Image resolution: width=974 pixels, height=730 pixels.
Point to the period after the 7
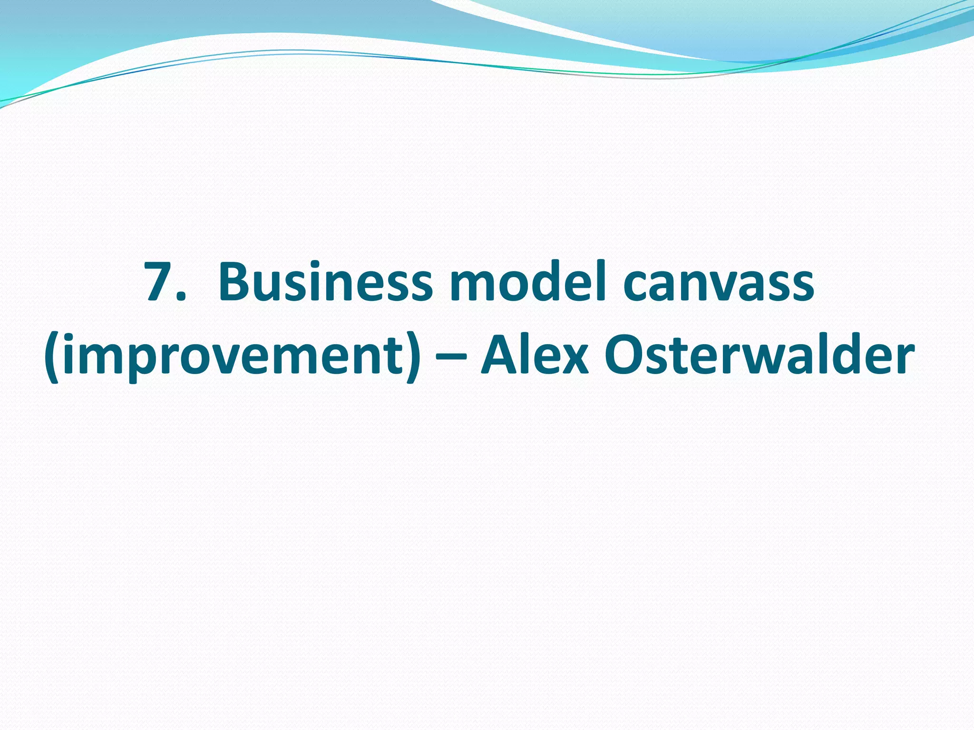click(180, 298)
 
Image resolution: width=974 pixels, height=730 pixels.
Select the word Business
click(325, 282)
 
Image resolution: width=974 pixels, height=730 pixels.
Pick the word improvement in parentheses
click(232, 356)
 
